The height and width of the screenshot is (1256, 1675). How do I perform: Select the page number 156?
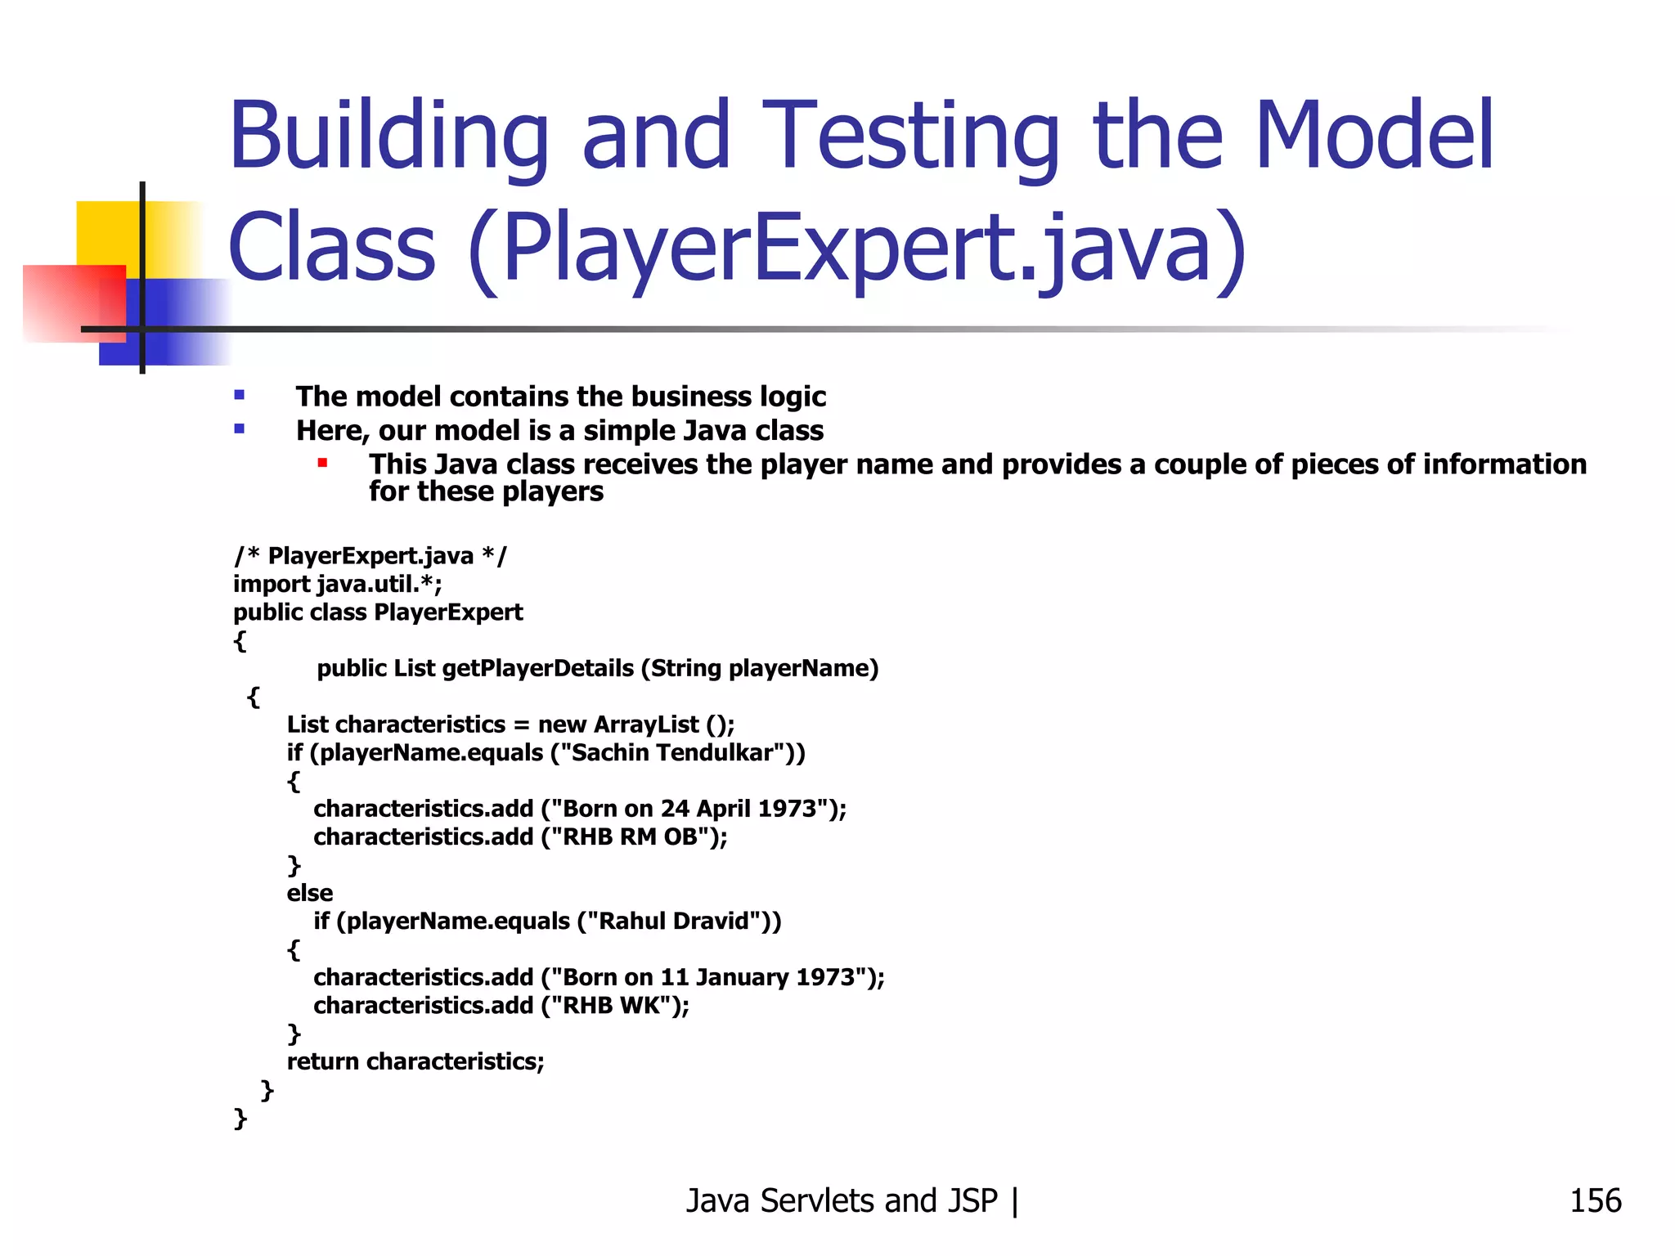pyautogui.click(x=1595, y=1201)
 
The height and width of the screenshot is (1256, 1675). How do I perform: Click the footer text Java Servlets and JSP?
pyautogui.click(x=842, y=1201)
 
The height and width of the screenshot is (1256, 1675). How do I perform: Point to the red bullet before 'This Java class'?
pyautogui.click(x=323, y=464)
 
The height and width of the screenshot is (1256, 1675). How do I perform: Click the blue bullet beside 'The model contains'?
pyautogui.click(x=239, y=396)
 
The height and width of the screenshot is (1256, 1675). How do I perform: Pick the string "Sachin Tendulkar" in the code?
pyautogui.click(x=673, y=752)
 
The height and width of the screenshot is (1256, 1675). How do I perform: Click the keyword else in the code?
pyautogui.click(x=310, y=893)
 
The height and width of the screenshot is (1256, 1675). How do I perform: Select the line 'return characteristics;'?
pyautogui.click(x=415, y=1061)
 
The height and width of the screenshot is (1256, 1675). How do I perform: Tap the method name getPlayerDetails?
pyautogui.click(x=538, y=669)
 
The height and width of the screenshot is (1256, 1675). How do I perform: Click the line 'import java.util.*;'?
pyautogui.click(x=338, y=584)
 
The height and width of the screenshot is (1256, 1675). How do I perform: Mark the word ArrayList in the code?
pyautogui.click(x=646, y=724)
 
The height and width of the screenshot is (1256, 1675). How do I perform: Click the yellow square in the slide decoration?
pyautogui.click(x=106, y=232)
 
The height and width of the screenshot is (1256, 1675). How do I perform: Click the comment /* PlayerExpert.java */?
pyautogui.click(x=370, y=556)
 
